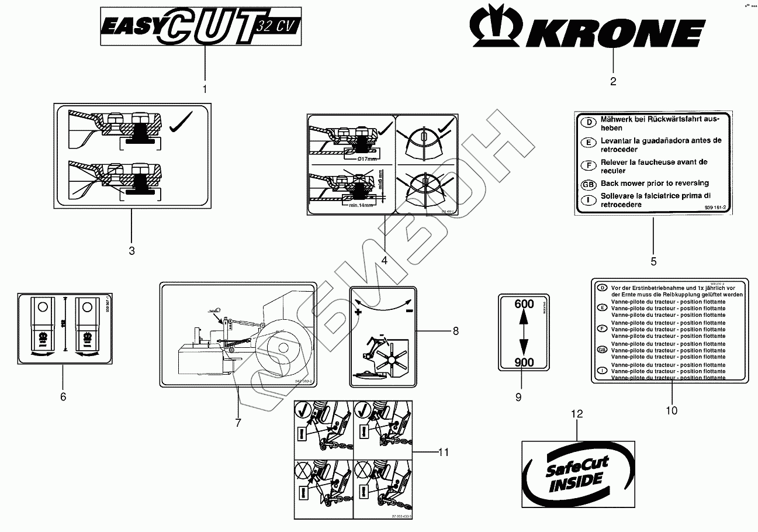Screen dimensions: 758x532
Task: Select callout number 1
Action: click(x=205, y=89)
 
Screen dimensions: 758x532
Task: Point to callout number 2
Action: click(x=613, y=82)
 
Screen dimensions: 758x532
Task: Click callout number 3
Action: click(x=131, y=251)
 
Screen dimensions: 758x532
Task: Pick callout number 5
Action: click(x=653, y=261)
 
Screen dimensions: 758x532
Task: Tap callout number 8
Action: click(x=456, y=331)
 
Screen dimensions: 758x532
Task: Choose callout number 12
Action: click(x=577, y=414)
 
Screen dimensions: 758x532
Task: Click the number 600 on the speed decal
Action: click(x=524, y=304)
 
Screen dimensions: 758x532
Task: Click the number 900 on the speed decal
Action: click(x=524, y=362)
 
